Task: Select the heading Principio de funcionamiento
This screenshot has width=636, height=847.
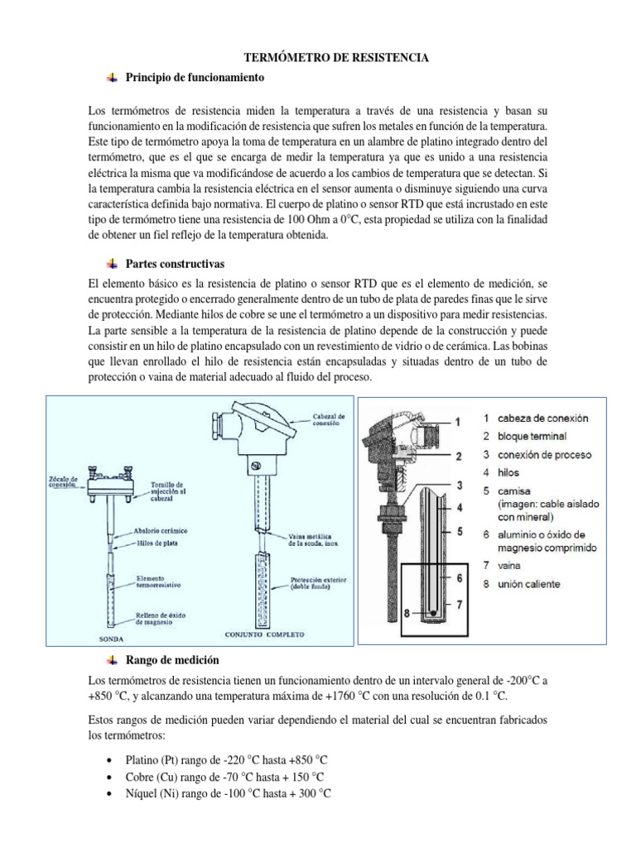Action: [x=194, y=78]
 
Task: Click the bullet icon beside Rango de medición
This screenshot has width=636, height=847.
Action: [x=112, y=659]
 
